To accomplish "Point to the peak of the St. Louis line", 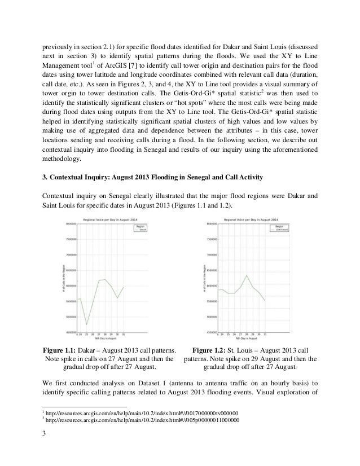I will coord(246,275).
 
